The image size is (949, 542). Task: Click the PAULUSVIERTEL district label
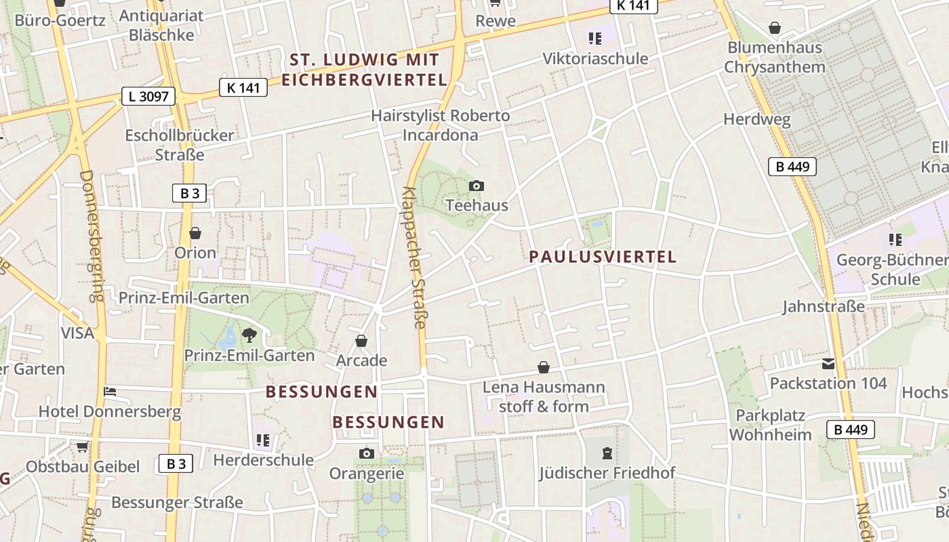point(603,257)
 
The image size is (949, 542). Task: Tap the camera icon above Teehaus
point(477,186)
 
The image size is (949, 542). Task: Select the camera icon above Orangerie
point(366,453)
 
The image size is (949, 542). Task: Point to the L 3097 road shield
point(148,96)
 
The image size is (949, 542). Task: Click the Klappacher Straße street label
point(413,257)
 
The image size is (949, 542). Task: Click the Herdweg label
point(757,120)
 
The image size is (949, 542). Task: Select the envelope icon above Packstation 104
point(828,364)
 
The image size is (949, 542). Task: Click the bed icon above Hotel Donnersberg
point(110,392)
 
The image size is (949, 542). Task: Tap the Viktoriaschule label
point(595,58)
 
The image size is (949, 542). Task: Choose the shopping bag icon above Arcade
point(361,340)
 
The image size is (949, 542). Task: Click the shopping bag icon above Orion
point(195,233)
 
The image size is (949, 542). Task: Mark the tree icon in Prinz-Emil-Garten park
point(249,334)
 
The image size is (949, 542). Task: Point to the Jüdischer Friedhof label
point(607,473)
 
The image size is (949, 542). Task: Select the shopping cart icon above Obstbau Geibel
point(82,446)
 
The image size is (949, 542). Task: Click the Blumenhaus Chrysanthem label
point(775,57)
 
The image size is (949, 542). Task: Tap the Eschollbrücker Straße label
point(180,145)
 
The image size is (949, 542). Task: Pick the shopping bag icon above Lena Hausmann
point(543,367)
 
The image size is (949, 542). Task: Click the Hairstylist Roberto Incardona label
point(441,125)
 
